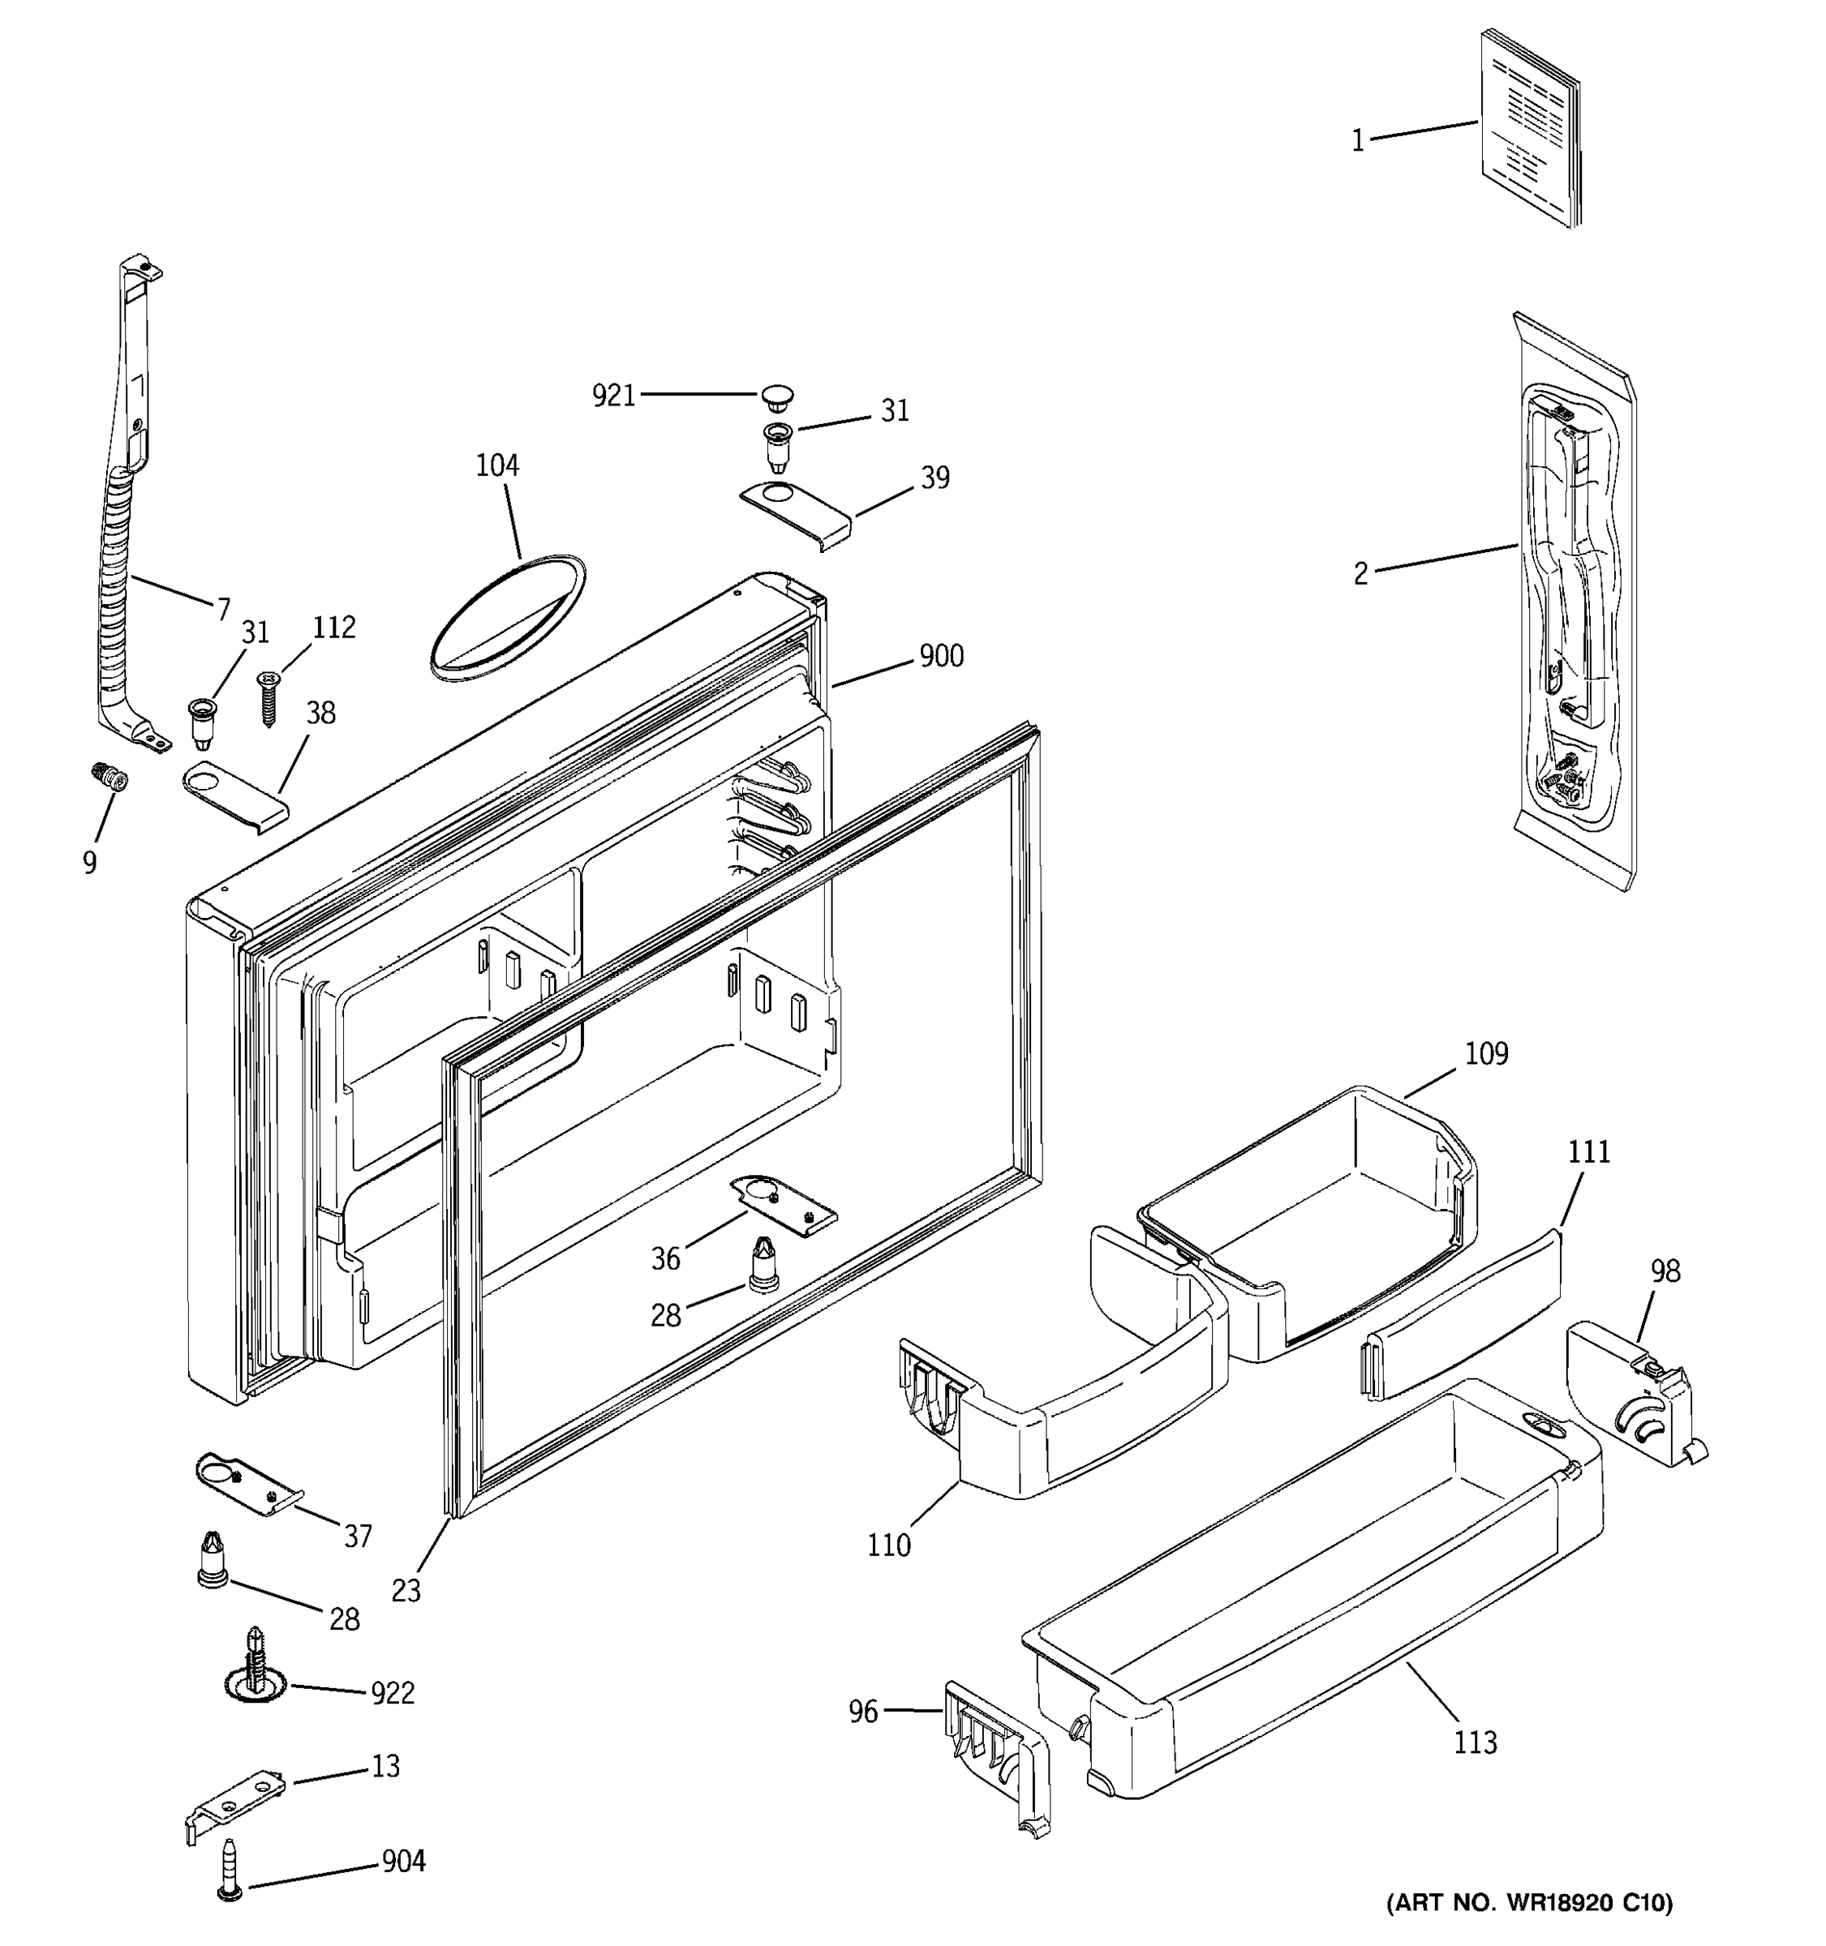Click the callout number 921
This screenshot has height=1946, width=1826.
614,396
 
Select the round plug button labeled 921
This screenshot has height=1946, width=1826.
776,396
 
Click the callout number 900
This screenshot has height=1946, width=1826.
941,656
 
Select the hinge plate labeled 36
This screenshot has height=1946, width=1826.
784,1206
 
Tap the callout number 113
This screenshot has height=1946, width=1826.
1475,1742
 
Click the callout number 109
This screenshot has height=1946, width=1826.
1486,1054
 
